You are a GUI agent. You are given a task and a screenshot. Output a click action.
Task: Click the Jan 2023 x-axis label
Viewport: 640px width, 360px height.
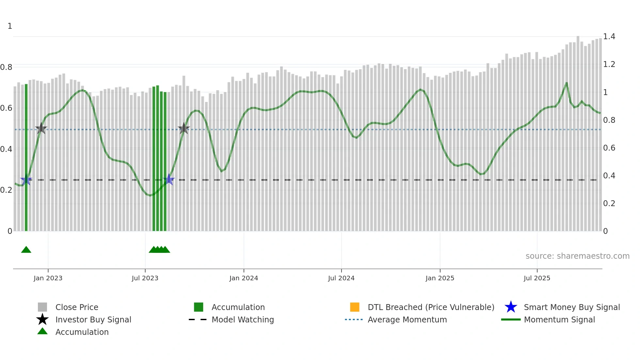point(48,278)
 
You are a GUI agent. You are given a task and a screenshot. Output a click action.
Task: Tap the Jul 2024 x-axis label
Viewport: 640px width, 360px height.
point(341,278)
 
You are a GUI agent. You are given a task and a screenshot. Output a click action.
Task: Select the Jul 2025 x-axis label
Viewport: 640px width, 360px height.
point(537,278)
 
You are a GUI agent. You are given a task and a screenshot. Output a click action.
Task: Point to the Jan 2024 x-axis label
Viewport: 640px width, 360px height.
point(244,278)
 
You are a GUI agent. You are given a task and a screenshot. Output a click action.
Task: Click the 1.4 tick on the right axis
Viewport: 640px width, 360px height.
point(609,37)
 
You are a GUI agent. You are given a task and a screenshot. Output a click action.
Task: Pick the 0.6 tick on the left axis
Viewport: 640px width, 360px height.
point(6,108)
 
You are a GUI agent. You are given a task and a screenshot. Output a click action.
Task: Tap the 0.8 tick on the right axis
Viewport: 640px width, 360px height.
point(609,120)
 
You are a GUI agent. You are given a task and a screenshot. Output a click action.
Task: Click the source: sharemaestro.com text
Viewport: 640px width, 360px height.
point(577,256)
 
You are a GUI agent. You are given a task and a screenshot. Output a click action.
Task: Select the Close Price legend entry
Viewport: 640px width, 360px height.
point(77,307)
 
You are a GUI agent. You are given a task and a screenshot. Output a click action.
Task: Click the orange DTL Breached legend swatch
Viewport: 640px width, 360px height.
point(355,307)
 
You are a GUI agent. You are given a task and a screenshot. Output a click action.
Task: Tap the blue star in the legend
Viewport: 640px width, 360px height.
point(511,307)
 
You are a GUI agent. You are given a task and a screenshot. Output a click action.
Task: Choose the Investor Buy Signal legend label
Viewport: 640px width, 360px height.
point(93,319)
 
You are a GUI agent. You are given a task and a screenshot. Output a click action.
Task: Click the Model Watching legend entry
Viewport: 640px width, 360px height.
point(243,319)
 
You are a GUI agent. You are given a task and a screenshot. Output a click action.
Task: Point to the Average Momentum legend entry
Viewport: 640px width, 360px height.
point(407,319)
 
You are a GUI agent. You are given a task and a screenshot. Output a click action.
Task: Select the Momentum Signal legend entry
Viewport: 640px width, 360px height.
point(559,319)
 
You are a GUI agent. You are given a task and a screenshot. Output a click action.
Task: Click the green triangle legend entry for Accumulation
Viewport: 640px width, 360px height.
point(42,331)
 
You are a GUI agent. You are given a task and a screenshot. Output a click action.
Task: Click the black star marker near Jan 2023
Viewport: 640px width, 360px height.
point(41,129)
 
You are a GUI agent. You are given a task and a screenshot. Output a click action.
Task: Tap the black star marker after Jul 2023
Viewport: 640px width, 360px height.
point(184,129)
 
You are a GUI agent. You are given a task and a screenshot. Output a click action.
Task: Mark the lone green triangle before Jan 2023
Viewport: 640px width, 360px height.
point(26,250)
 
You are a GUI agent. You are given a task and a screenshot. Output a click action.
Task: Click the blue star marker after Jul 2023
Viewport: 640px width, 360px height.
point(169,179)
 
